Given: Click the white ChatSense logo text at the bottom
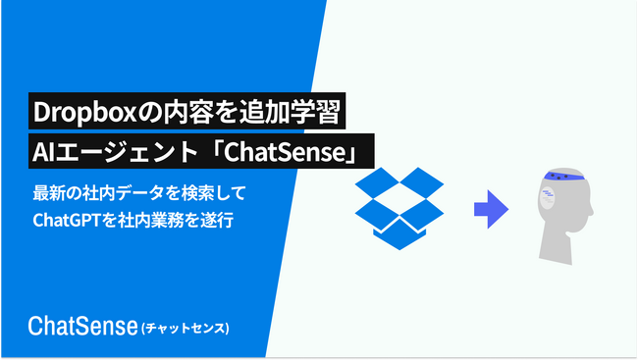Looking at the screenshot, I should [83, 325].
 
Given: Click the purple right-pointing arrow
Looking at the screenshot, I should [491, 207].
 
